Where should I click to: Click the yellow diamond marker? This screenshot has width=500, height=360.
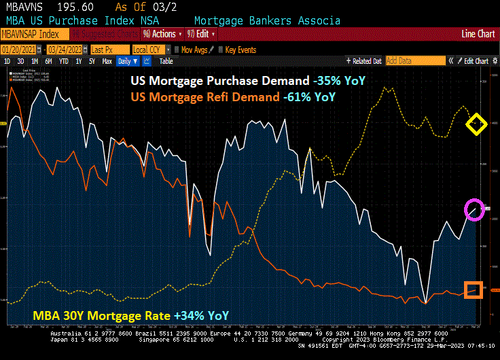(476, 124)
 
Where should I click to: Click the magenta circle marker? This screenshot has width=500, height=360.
(474, 209)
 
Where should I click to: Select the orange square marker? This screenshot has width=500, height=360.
(474, 290)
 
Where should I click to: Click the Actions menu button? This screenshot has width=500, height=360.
(162, 34)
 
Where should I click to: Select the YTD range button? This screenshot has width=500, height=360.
(64, 61)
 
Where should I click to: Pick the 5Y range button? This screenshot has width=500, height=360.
(92, 61)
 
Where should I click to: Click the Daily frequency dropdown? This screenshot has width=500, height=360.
(127, 61)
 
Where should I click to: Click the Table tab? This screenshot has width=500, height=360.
(166, 61)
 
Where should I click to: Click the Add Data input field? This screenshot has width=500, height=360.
(414, 61)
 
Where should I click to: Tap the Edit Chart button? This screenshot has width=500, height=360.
(474, 61)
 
